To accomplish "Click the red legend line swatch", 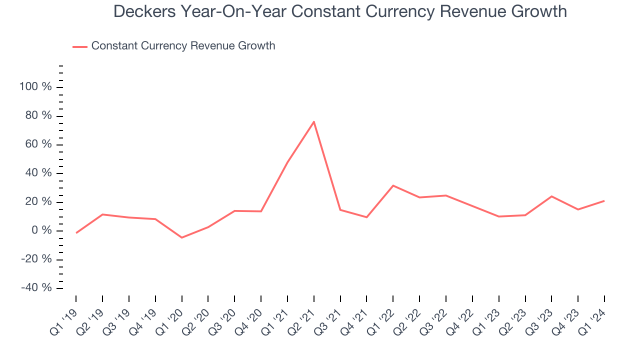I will click(x=80, y=46).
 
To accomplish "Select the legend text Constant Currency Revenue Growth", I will click(x=183, y=46).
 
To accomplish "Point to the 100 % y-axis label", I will click(x=35, y=87).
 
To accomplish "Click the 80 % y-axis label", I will click(x=38, y=115).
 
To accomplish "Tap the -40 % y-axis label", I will click(x=36, y=288).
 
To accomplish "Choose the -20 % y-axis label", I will click(x=36, y=259).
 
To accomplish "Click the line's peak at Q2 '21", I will click(x=314, y=121).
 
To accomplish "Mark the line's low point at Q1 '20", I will click(x=181, y=237).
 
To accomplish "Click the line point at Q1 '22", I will click(x=393, y=185).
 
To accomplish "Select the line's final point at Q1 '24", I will click(x=604, y=200).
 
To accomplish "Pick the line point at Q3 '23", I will click(x=551, y=196).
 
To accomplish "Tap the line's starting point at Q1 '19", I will click(x=76, y=233).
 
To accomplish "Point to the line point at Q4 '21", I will click(x=366, y=217).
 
